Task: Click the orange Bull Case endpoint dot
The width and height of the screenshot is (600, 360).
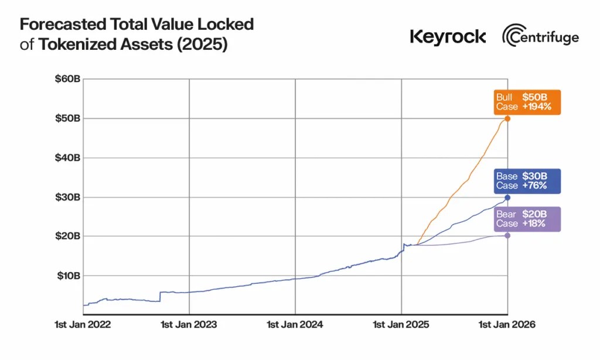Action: coord(507,118)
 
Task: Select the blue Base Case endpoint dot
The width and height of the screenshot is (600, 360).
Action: coord(507,198)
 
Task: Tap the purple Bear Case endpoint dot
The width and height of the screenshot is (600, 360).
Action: coord(507,236)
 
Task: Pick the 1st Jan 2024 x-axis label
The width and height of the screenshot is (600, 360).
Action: coord(295,324)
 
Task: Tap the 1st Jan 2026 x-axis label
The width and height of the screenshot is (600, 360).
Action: coord(507,324)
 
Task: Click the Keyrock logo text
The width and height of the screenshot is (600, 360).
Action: coord(448,37)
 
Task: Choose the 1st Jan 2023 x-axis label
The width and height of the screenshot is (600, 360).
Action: coord(189,324)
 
